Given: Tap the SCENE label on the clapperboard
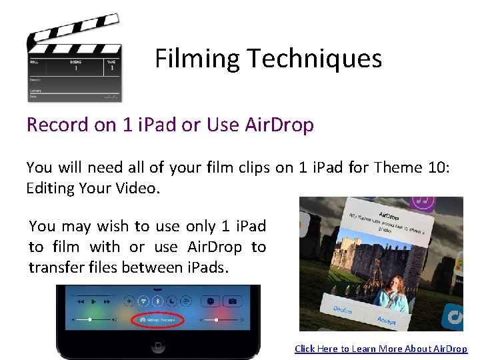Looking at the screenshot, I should pyautogui.click(x=75, y=61).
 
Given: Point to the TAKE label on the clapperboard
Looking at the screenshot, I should pyautogui.click(x=111, y=61).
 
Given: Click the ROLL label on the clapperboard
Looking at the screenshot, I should pyautogui.click(x=34, y=61).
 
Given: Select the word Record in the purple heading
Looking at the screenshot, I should pyautogui.click(x=57, y=125).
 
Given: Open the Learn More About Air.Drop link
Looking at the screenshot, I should pyautogui.click(x=381, y=349).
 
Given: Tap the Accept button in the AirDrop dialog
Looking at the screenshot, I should pyautogui.click(x=387, y=319).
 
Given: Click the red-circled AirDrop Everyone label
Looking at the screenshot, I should pyautogui.click(x=158, y=321).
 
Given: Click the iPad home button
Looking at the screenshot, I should pyautogui.click(x=158, y=347).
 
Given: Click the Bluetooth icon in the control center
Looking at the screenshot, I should pyautogui.click(x=157, y=301).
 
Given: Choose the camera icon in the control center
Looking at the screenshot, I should pyautogui.click(x=233, y=301).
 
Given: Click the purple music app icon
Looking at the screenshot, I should pyautogui.click(x=422, y=201).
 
